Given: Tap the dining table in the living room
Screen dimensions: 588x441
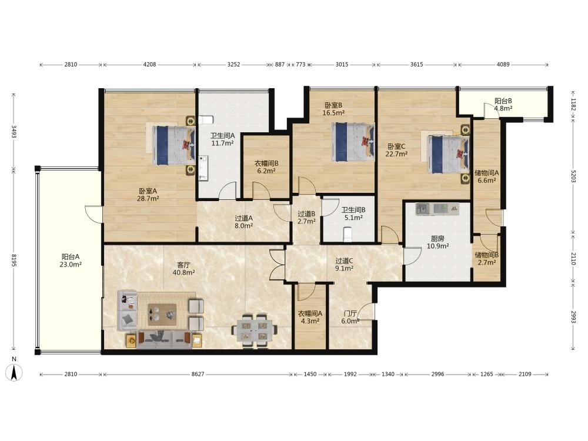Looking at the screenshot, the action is coord(255,330).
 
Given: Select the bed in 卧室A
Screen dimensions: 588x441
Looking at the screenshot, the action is coord(174,145).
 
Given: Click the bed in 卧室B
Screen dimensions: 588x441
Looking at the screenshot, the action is coord(353,142).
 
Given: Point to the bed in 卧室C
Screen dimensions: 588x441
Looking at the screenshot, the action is coord(448,154).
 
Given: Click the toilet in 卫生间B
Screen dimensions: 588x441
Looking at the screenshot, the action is coord(348,233).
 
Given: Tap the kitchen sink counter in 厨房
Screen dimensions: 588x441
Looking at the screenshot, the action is coord(437,209).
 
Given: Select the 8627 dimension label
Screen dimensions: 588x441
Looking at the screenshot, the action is coord(198,374).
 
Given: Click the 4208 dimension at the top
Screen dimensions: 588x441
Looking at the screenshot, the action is coord(149,64).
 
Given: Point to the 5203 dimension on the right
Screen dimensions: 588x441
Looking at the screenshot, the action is coord(573,176).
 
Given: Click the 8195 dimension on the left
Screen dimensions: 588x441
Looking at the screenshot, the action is coord(14,260).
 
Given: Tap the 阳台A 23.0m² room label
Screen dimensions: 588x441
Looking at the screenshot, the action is coord(71,260).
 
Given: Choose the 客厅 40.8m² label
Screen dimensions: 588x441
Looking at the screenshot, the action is coord(183,269).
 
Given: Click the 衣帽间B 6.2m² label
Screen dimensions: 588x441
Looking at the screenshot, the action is coord(266,167).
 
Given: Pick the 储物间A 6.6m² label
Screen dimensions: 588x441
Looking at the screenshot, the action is coord(487,176).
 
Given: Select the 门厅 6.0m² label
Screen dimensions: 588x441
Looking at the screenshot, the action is coord(350,318).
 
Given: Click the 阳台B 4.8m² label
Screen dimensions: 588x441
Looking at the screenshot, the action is coord(503,105).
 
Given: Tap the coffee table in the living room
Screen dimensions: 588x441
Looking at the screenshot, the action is coord(162,314).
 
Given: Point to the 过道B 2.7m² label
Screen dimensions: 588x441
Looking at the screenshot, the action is coord(306,218).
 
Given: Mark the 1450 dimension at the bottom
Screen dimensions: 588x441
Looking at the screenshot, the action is coord(310,374).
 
